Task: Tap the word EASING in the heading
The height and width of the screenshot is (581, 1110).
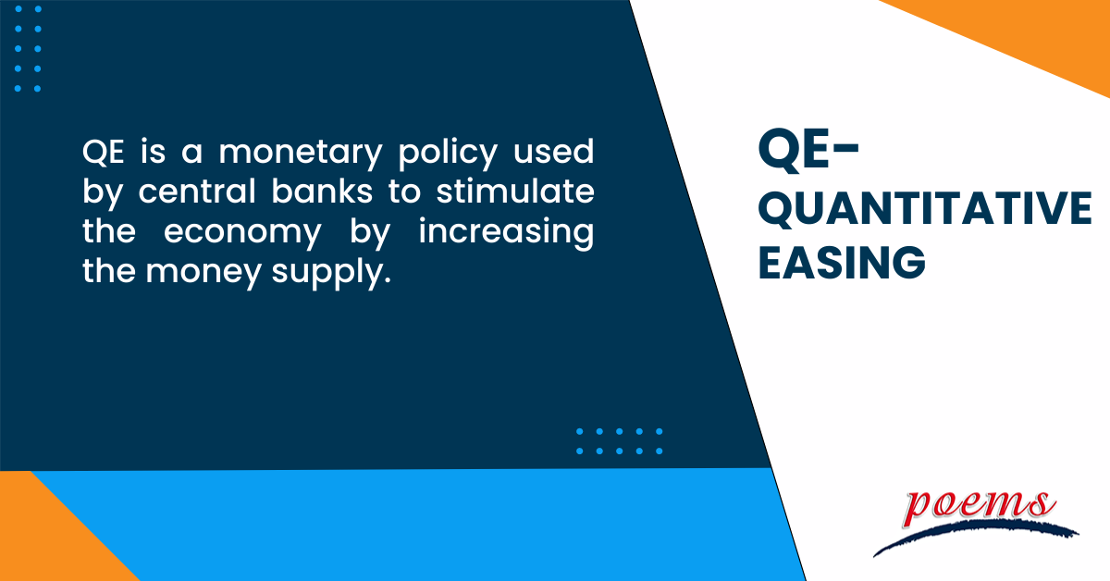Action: coord(842,262)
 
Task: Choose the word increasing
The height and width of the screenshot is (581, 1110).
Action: coord(506,234)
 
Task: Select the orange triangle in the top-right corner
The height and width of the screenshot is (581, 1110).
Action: coord(1036,32)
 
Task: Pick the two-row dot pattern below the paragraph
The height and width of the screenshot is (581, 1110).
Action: coord(619,440)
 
